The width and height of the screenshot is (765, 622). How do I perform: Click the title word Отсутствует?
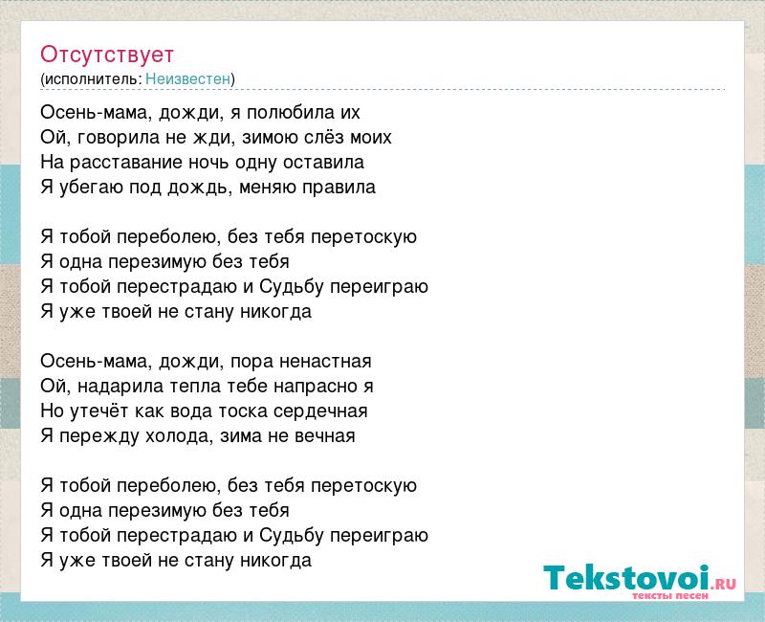point(107,55)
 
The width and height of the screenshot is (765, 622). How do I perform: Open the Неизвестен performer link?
point(187,78)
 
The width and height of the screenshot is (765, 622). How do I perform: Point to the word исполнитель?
point(93,79)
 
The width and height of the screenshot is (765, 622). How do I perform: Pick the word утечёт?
point(99,411)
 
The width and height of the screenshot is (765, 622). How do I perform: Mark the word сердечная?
point(320,411)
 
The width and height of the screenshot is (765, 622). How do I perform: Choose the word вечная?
point(324,436)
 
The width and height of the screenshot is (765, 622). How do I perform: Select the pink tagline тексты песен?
point(670,595)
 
